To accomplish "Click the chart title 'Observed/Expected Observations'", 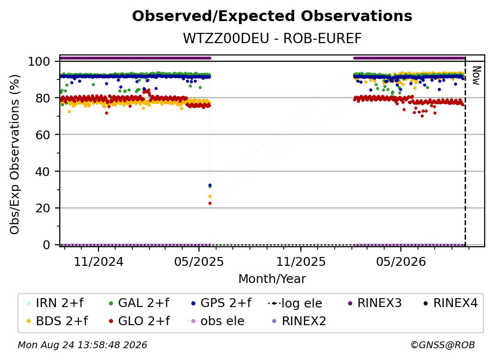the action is click(272, 16).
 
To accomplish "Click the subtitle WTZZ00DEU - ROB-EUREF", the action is click(272, 38).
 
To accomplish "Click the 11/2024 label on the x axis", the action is click(99, 261).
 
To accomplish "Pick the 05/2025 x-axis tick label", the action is click(199, 261).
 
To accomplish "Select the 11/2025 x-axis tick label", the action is click(301, 261).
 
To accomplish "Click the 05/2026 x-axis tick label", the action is click(401, 261).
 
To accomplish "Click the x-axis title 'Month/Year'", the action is click(272, 279).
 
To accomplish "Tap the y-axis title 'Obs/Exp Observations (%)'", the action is click(15, 154).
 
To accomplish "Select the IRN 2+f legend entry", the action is click(55, 303).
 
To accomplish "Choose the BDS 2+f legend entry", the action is click(57, 321).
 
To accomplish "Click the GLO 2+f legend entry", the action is click(139, 321).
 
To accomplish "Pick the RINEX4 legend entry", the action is click(450, 303).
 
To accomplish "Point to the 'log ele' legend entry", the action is click(295, 303).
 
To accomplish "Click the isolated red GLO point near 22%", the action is click(210, 204).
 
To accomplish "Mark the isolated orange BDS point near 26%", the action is click(210, 196).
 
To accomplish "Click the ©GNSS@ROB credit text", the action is click(443, 345).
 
